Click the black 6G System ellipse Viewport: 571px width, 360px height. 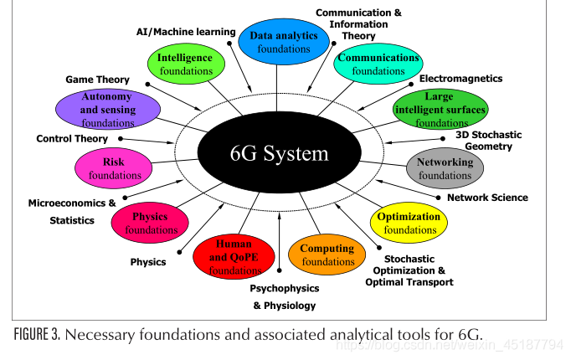280,152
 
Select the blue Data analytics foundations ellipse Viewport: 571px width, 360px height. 284,42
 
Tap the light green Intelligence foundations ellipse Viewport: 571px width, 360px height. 186,64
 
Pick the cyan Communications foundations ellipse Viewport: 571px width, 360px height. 378,64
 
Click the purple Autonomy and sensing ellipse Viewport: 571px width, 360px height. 108,109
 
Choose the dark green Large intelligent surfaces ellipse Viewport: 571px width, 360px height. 440,109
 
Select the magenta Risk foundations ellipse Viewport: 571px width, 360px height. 113,168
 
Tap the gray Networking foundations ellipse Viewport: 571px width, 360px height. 445,168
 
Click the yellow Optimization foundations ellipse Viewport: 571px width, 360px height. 409,223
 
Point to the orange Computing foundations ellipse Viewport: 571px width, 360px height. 327,255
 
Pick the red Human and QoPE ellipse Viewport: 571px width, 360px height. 234,257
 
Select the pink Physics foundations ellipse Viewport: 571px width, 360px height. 150,223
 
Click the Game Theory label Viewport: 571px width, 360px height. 97,80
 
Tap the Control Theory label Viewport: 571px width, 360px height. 72,139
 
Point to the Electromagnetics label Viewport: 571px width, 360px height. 460,79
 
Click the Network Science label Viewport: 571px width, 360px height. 487,198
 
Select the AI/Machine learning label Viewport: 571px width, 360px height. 186,32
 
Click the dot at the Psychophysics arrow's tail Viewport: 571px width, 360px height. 280,270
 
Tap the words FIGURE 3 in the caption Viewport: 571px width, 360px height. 36,334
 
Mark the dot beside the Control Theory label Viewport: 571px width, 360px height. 121,139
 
